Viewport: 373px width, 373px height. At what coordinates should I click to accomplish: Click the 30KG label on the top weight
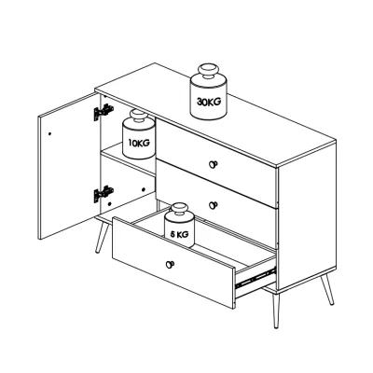209,102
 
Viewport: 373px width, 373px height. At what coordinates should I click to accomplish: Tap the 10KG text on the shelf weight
139,143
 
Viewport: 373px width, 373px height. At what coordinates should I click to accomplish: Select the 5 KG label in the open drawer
179,234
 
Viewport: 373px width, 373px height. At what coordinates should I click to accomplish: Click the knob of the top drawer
213,164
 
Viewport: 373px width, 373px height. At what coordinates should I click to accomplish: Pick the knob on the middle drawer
213,205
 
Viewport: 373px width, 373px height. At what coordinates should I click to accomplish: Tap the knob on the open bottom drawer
170,265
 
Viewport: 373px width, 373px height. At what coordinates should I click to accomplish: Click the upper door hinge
104,112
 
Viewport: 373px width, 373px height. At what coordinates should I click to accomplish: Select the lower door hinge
104,194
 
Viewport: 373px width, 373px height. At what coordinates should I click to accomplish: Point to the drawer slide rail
256,277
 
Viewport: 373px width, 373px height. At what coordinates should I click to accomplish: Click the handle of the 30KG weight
208,72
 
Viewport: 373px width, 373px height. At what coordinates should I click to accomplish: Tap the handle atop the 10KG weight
139,117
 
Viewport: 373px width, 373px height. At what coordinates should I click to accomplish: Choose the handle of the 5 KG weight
179,209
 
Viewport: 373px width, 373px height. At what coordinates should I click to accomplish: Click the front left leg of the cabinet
102,237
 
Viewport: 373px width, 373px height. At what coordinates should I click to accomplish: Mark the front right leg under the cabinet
276,310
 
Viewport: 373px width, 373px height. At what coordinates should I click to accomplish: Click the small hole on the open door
49,134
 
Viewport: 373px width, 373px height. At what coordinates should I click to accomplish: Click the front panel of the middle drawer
215,204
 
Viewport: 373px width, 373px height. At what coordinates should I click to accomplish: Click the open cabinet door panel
69,166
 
